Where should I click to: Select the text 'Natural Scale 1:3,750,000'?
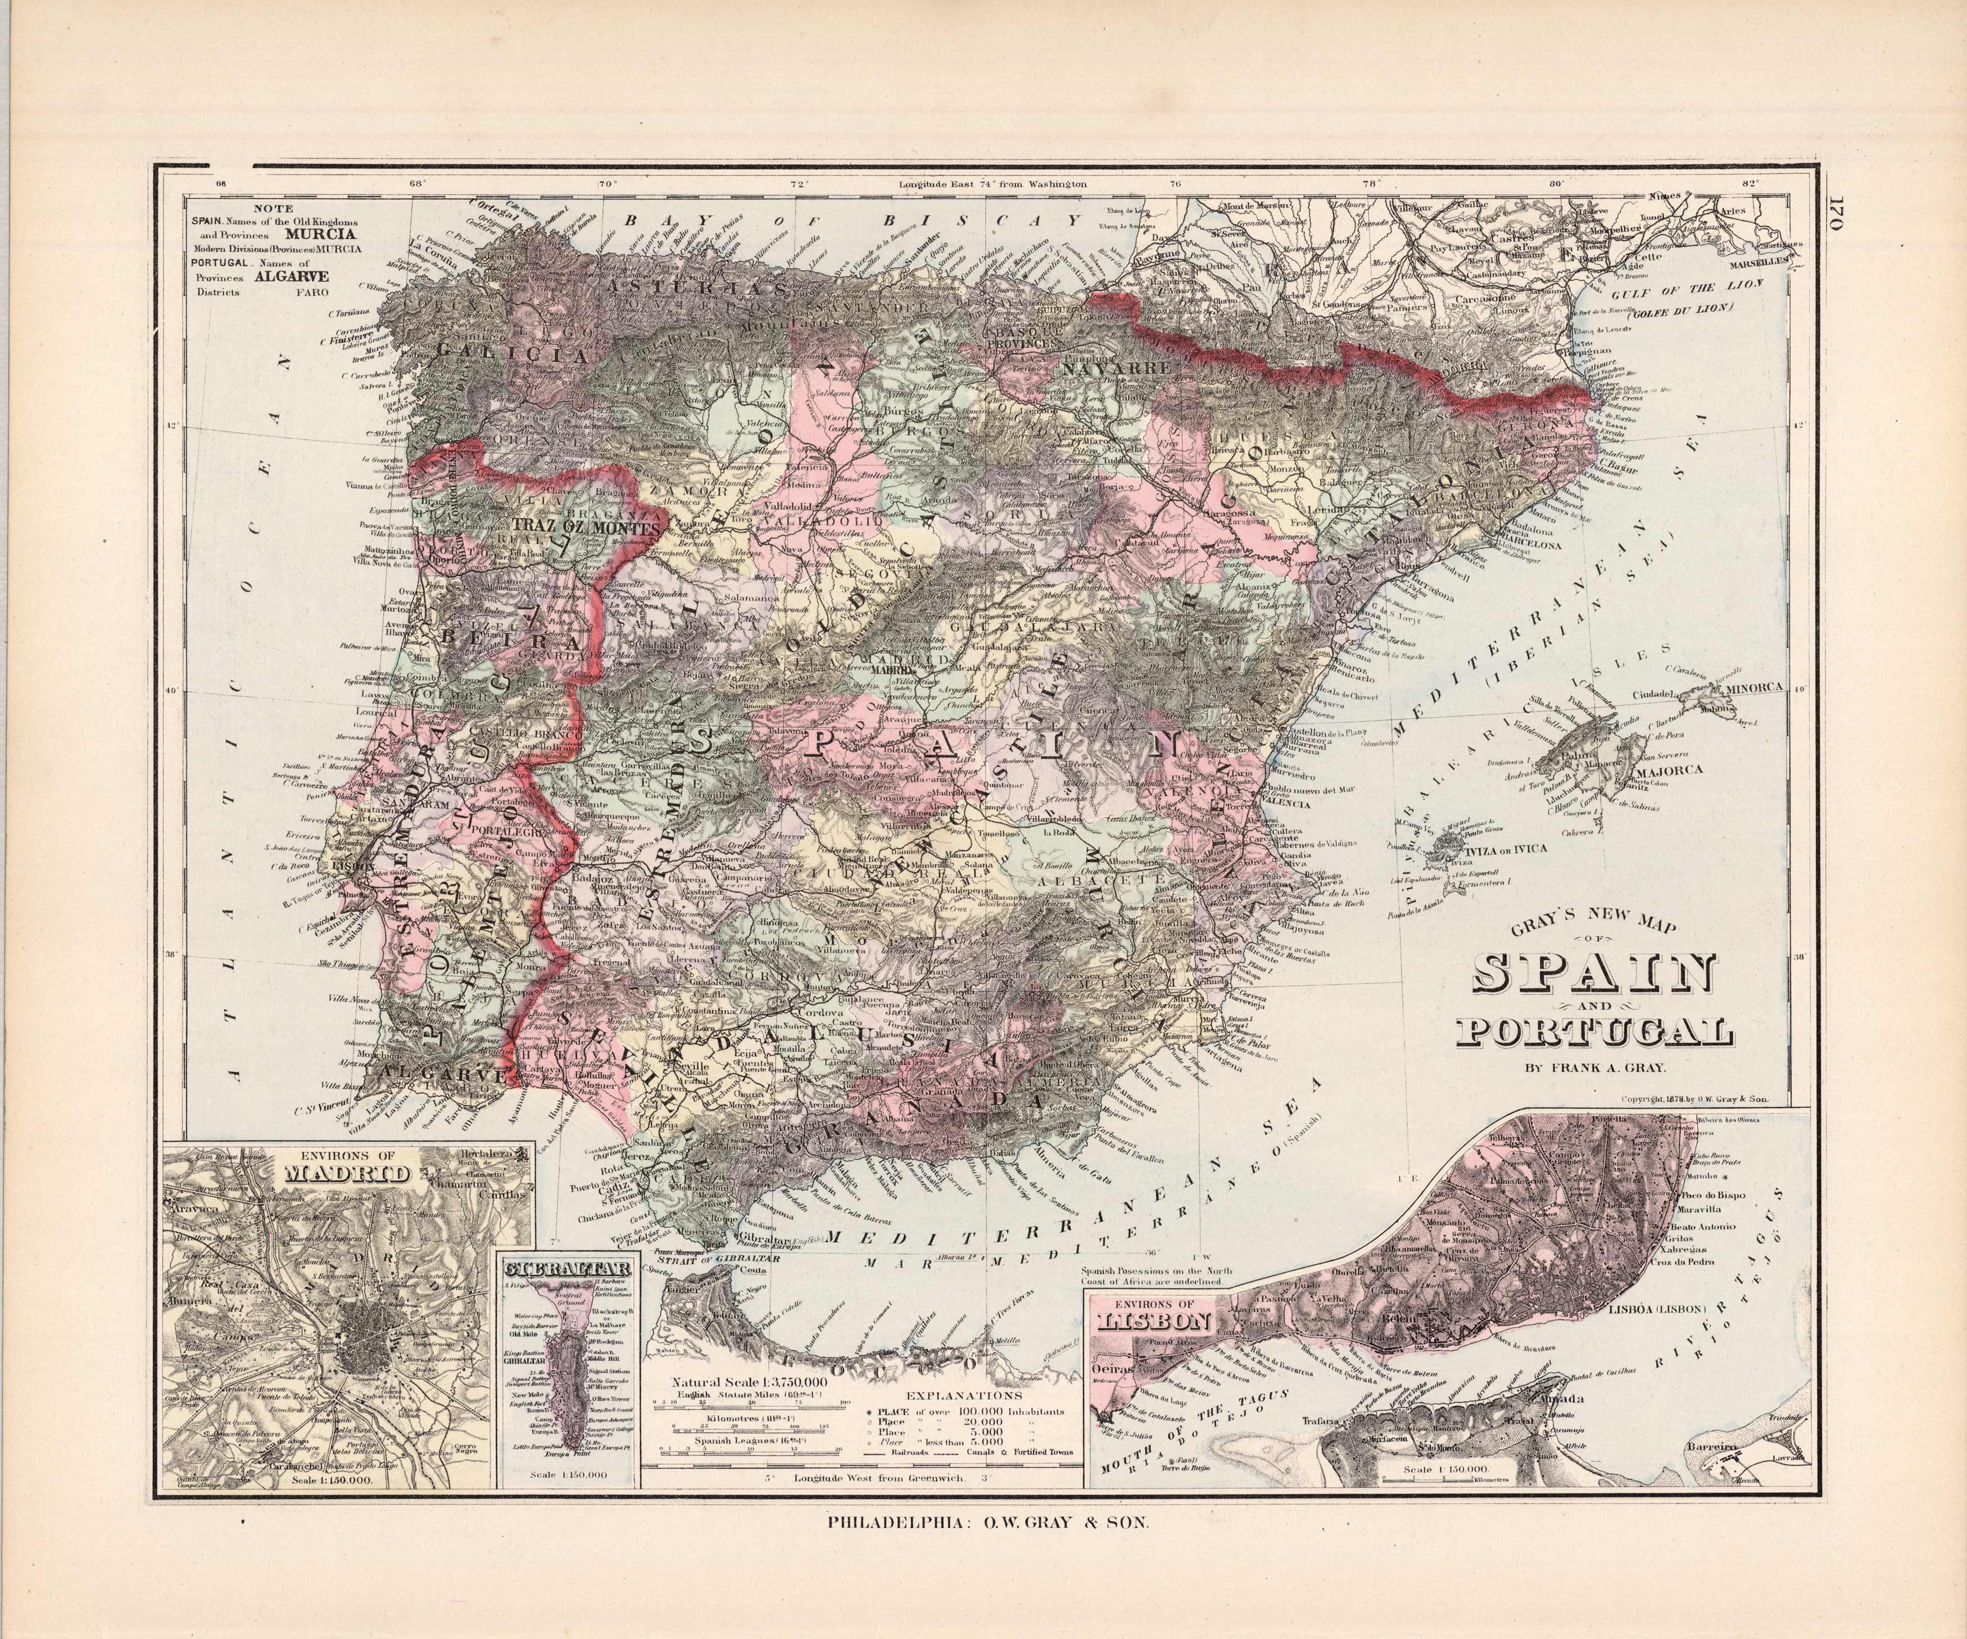(749, 1382)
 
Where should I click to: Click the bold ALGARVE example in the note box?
(302, 277)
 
